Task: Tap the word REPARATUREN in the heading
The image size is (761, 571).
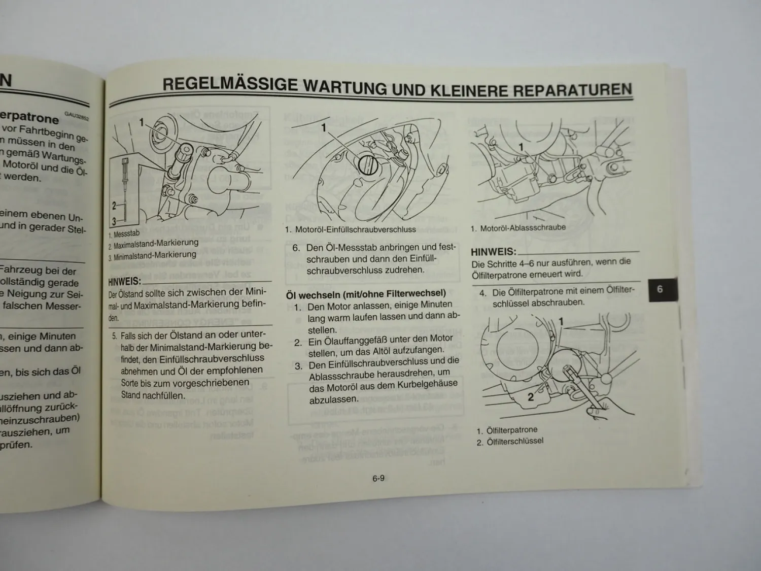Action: [x=573, y=90]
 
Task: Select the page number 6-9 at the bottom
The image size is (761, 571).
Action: [x=378, y=478]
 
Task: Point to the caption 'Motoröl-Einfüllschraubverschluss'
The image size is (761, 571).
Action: [x=355, y=229]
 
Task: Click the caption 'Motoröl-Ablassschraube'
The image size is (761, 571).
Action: [x=522, y=228]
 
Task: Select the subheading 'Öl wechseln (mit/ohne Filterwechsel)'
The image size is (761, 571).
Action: [x=366, y=293]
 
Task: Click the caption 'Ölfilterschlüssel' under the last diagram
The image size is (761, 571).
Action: [x=514, y=441]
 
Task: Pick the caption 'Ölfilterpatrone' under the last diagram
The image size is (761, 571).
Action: [x=511, y=430]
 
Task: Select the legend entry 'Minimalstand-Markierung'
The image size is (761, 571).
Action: [x=155, y=256]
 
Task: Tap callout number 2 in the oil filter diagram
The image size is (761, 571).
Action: [x=530, y=397]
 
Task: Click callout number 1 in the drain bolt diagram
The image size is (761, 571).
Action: [x=521, y=147]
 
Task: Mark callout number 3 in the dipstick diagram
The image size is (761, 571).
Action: [x=114, y=221]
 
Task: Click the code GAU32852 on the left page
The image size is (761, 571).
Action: [x=77, y=117]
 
